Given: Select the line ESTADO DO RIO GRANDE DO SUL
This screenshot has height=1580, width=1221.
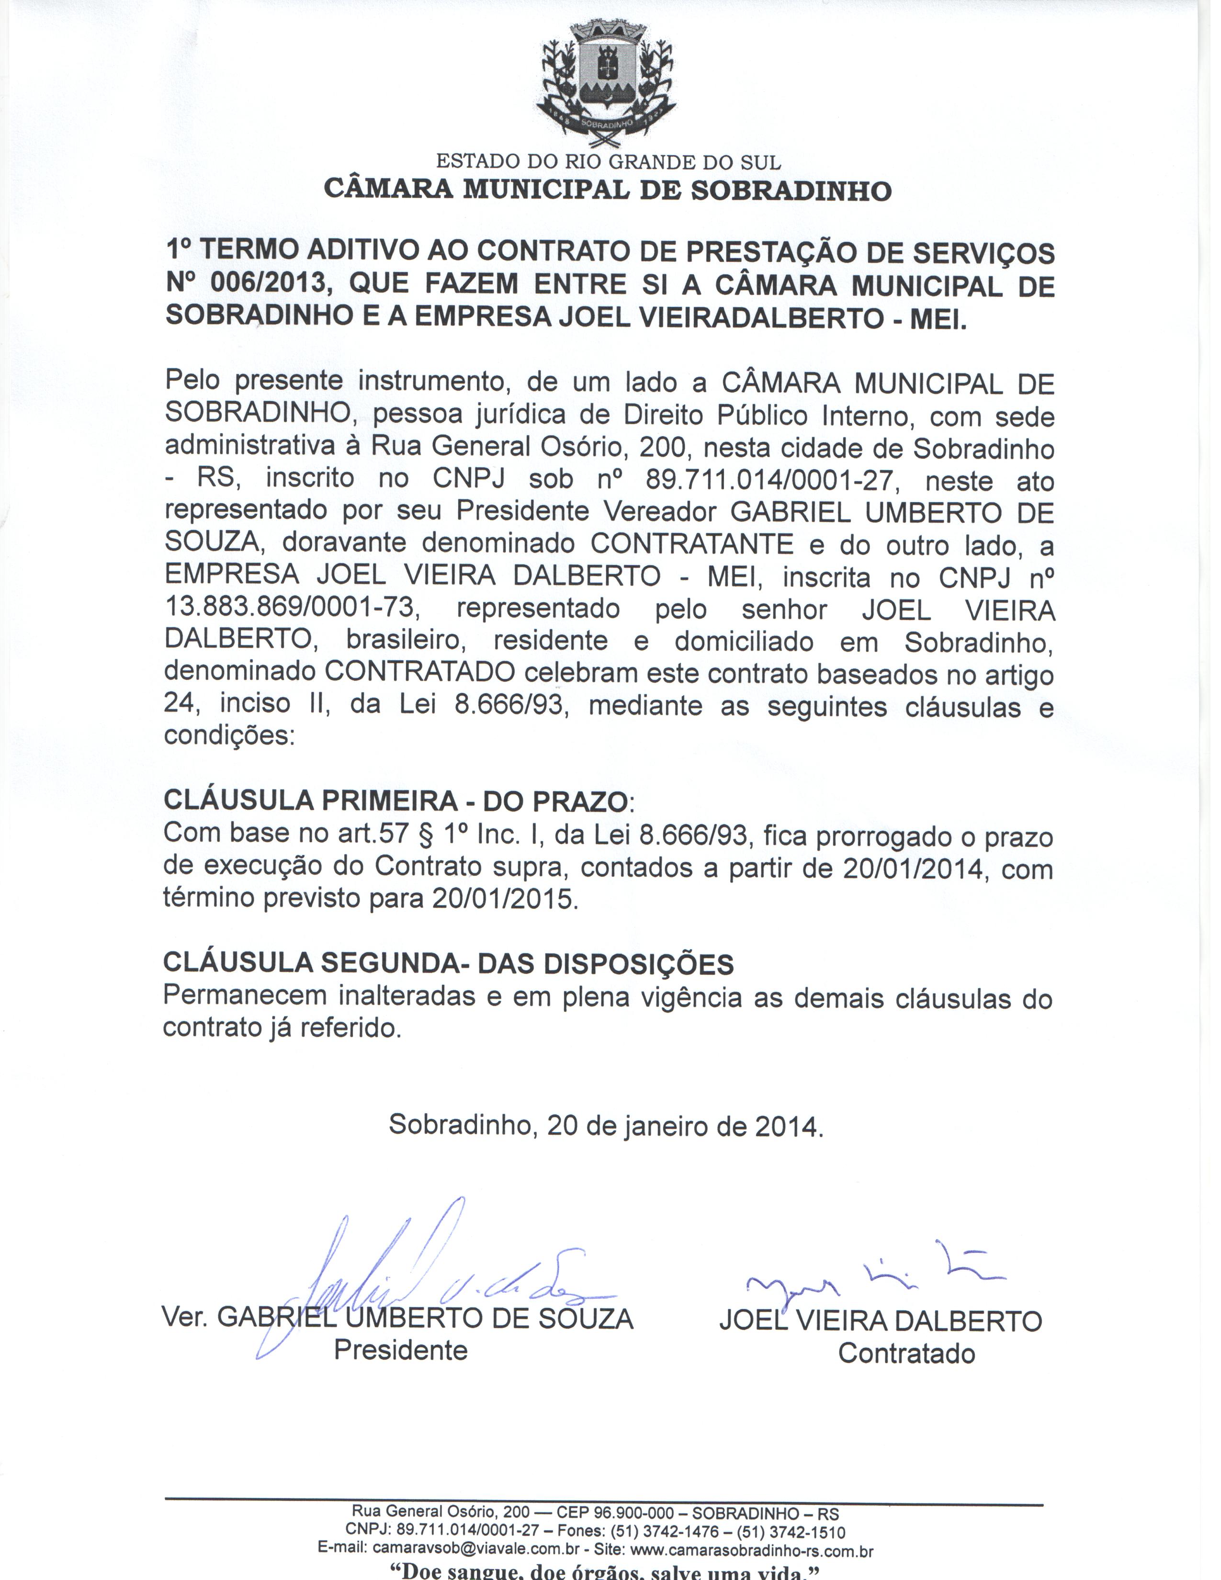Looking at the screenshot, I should click(x=608, y=161).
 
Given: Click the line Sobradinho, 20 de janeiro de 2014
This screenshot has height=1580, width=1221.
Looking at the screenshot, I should click(x=606, y=1126).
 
